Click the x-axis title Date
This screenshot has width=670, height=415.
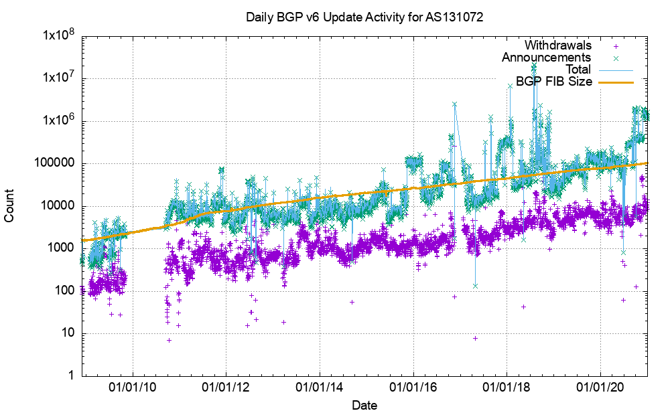(364, 405)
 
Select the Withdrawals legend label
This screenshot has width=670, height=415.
(557, 46)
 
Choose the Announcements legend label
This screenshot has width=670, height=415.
(546, 58)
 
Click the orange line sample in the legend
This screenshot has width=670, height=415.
(615, 82)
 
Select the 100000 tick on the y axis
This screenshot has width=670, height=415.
(56, 163)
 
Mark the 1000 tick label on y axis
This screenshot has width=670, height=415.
(62, 248)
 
